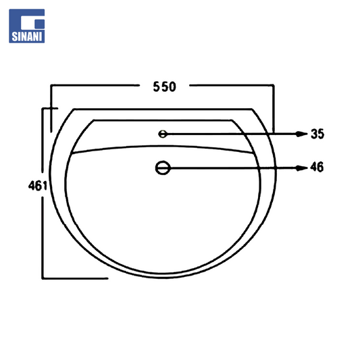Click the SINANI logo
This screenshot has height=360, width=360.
[27, 26]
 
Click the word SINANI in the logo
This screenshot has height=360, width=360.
[27, 36]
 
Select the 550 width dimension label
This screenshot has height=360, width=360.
[164, 86]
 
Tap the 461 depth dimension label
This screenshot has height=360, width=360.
[38, 186]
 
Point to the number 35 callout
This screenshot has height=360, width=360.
[317, 134]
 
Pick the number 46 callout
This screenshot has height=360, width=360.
[317, 167]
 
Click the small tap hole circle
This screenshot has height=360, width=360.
[163, 134]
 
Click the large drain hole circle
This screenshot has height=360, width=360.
[163, 168]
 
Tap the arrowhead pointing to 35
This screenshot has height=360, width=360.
[301, 134]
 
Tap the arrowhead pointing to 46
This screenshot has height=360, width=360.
[301, 168]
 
